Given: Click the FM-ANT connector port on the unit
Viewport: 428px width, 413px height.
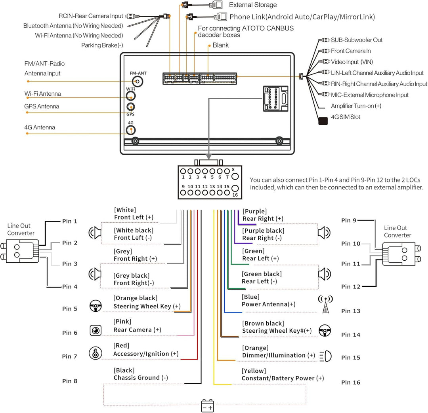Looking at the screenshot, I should click(x=138, y=82).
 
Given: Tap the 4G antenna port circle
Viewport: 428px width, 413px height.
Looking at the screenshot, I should click(x=130, y=131).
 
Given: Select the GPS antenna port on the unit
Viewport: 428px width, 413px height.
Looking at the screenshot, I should click(x=130, y=107).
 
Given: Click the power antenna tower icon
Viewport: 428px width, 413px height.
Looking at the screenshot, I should click(x=325, y=304).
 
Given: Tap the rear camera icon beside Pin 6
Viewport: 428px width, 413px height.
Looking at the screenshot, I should click(x=96, y=330).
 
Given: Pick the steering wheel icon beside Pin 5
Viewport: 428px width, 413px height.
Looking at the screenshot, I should click(x=95, y=306).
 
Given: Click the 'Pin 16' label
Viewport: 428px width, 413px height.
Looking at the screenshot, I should click(x=351, y=383).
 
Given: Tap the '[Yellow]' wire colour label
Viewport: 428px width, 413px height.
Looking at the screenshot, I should click(x=254, y=371).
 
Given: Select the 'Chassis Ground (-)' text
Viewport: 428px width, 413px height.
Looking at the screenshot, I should click(x=141, y=378).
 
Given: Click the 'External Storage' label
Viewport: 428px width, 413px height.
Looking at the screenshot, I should click(x=253, y=5).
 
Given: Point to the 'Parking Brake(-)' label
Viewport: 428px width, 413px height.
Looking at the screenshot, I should click(x=102, y=45).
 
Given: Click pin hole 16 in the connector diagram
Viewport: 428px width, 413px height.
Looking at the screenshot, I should click(x=235, y=189).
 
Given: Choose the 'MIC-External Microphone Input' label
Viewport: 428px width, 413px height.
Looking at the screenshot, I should click(x=370, y=95).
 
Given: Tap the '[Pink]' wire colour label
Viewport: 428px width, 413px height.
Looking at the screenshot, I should click(x=122, y=321).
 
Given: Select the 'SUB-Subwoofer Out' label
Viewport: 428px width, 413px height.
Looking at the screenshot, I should click(x=357, y=40).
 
